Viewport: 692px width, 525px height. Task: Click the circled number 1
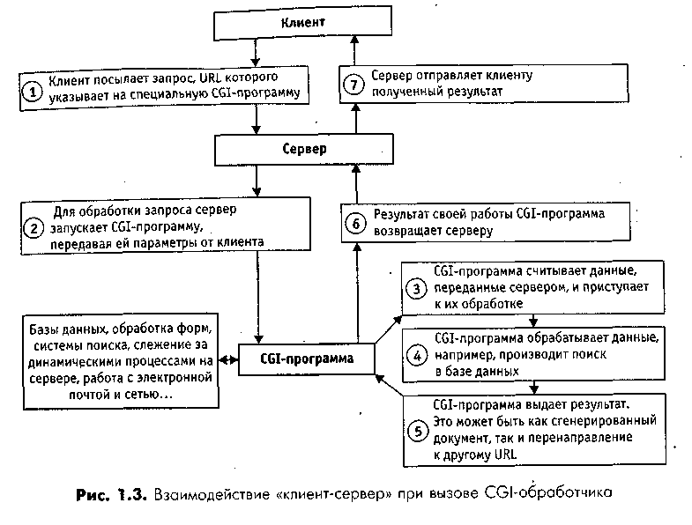point(32,91)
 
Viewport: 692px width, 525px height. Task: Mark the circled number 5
point(417,431)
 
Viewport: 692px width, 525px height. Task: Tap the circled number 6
point(354,223)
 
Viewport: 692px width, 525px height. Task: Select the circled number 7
point(354,85)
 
